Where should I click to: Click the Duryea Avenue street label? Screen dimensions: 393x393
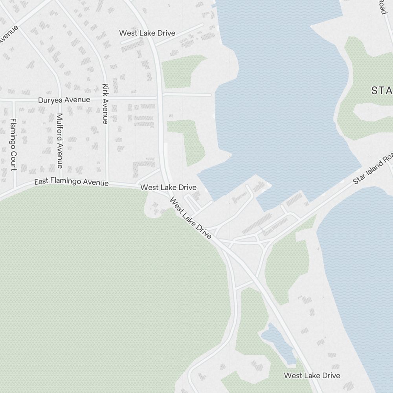pos(64,100)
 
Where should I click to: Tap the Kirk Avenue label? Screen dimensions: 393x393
pos(105,103)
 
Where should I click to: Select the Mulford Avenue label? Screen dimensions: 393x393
pos(59,140)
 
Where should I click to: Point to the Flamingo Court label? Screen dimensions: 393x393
pos(13,144)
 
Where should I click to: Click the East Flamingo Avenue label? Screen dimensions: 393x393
pos(71,182)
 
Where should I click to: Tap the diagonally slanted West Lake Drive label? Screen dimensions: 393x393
pos(191,218)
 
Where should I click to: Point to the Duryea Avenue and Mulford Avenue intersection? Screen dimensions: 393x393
pos(60,99)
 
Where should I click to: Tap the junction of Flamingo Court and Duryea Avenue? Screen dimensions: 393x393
pos(13,100)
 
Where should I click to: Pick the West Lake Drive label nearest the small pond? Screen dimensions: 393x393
pos(312,375)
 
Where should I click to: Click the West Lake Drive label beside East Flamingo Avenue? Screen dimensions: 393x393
pos(168,187)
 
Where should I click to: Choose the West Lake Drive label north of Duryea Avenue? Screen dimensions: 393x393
pos(147,33)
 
